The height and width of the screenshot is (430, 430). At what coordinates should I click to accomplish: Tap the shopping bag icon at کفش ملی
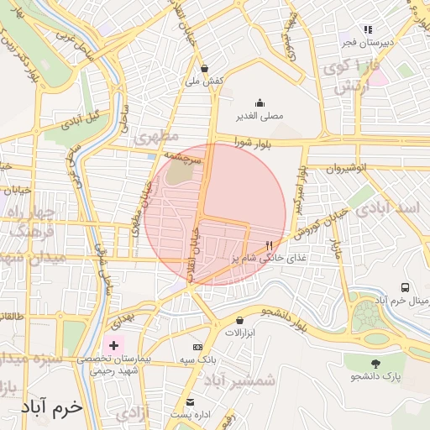[x=205, y=69]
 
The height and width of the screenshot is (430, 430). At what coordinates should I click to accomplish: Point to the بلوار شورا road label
[x=249, y=143]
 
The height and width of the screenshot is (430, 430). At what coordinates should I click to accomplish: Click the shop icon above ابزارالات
[x=240, y=320]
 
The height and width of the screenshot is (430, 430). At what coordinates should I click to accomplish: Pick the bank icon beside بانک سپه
[x=197, y=347]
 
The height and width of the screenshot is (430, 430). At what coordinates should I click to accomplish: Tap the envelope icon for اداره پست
[x=190, y=402]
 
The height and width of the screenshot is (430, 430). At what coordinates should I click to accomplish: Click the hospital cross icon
[x=114, y=345]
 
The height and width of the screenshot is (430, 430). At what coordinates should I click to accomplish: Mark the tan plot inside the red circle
[x=179, y=172]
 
